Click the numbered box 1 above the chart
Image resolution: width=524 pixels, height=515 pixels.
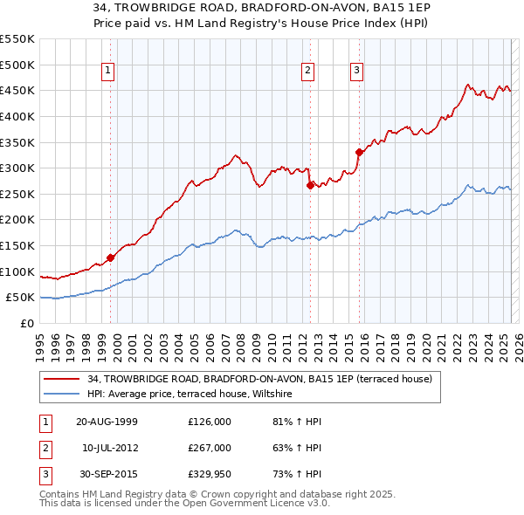(x=107, y=72)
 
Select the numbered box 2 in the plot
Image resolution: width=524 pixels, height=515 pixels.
(x=308, y=72)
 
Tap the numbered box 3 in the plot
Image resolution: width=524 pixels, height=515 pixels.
(x=357, y=72)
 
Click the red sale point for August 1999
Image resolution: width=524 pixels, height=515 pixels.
(x=111, y=257)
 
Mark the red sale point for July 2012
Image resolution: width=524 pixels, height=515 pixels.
(x=310, y=184)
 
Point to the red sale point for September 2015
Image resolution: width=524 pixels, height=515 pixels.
(x=359, y=152)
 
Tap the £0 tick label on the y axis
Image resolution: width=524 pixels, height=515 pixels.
(x=27, y=323)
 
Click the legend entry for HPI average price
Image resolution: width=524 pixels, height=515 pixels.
(x=194, y=395)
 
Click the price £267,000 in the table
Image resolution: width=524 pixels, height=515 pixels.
(x=210, y=448)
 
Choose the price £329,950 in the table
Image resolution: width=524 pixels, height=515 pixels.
(x=210, y=474)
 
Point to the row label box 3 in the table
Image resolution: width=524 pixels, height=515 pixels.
(x=45, y=474)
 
